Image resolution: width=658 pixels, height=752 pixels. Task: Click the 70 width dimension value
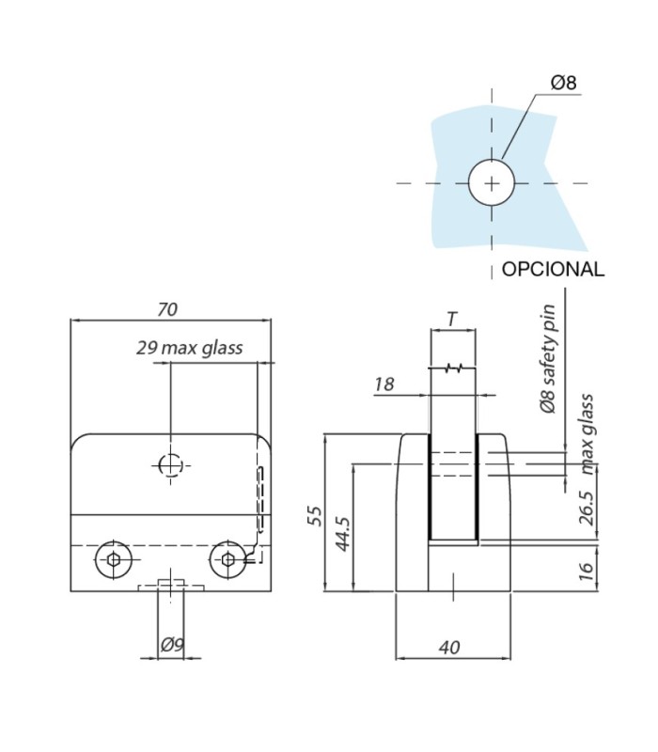click(167, 310)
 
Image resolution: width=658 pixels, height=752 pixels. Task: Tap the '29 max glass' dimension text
click(190, 348)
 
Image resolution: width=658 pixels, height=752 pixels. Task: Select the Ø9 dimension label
click(172, 645)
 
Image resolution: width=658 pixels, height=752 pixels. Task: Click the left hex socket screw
click(113, 559)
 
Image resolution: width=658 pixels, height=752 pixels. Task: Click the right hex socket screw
click(227, 559)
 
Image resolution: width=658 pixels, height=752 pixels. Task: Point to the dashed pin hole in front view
click(170, 465)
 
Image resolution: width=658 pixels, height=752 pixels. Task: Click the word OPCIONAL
click(553, 270)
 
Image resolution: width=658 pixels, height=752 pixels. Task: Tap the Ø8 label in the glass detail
click(563, 83)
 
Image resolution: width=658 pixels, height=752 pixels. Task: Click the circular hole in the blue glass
click(491, 182)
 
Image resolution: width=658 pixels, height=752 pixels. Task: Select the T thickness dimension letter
click(453, 319)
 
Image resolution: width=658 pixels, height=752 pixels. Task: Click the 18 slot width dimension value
click(384, 384)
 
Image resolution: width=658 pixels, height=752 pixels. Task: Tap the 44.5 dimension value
click(342, 534)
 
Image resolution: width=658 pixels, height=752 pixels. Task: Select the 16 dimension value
click(586, 572)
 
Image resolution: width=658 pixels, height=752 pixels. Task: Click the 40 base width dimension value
click(449, 648)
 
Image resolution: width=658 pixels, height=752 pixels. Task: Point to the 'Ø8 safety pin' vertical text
click(548, 359)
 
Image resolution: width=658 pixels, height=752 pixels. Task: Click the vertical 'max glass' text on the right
click(586, 434)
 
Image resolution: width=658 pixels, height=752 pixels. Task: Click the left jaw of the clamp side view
click(412, 512)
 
